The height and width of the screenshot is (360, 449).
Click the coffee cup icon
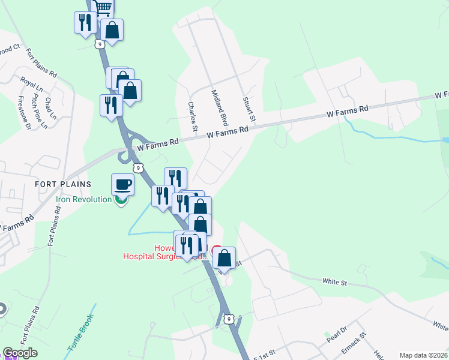pos(122,184)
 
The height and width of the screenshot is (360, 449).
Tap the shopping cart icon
pos(103,7)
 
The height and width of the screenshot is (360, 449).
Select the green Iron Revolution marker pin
pos(121,200)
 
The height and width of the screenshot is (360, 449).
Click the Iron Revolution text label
pos(84,199)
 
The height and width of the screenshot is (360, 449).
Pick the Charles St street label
pos(193,116)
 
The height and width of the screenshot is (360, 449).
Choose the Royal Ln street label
pos(28,84)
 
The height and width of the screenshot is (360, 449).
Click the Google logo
pos(20,353)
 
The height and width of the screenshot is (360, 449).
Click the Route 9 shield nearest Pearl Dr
pos(228,318)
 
